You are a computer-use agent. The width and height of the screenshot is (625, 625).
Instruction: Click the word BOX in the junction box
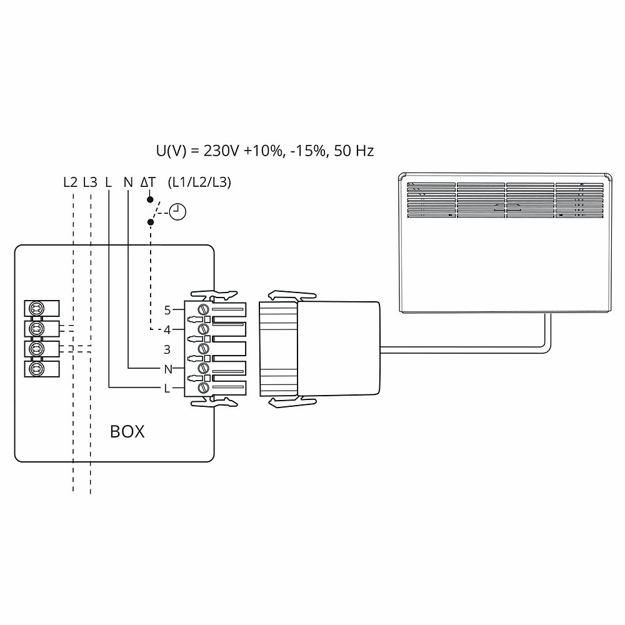(x=127, y=431)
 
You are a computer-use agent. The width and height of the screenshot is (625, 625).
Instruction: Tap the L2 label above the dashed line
(x=71, y=182)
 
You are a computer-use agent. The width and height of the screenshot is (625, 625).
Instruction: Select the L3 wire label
(x=90, y=182)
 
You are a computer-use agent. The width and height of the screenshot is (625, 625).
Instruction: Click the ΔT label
(x=148, y=182)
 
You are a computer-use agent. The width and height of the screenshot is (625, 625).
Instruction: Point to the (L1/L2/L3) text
(x=200, y=182)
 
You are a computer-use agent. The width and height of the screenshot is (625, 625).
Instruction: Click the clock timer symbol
(x=179, y=211)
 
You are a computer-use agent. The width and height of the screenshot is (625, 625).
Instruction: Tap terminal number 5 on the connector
(x=167, y=310)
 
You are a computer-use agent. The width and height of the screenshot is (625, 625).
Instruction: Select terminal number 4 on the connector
(x=167, y=329)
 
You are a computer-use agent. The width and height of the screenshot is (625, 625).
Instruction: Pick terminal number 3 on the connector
(x=167, y=349)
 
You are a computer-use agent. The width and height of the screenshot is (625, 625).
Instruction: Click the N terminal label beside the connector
(x=167, y=369)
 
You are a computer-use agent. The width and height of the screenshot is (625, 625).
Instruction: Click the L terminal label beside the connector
(x=167, y=389)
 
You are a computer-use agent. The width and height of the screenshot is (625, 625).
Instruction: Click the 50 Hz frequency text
(x=354, y=151)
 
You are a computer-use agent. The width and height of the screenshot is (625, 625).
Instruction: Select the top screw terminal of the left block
(x=36, y=308)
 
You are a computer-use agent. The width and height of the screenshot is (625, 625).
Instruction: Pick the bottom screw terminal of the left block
(x=36, y=369)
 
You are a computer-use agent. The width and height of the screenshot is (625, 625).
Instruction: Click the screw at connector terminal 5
(x=202, y=310)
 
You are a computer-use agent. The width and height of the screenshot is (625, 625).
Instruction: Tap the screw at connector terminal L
(x=202, y=388)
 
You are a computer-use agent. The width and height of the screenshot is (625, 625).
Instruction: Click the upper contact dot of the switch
(x=150, y=199)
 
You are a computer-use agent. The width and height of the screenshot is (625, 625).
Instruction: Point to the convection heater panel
(x=505, y=244)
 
